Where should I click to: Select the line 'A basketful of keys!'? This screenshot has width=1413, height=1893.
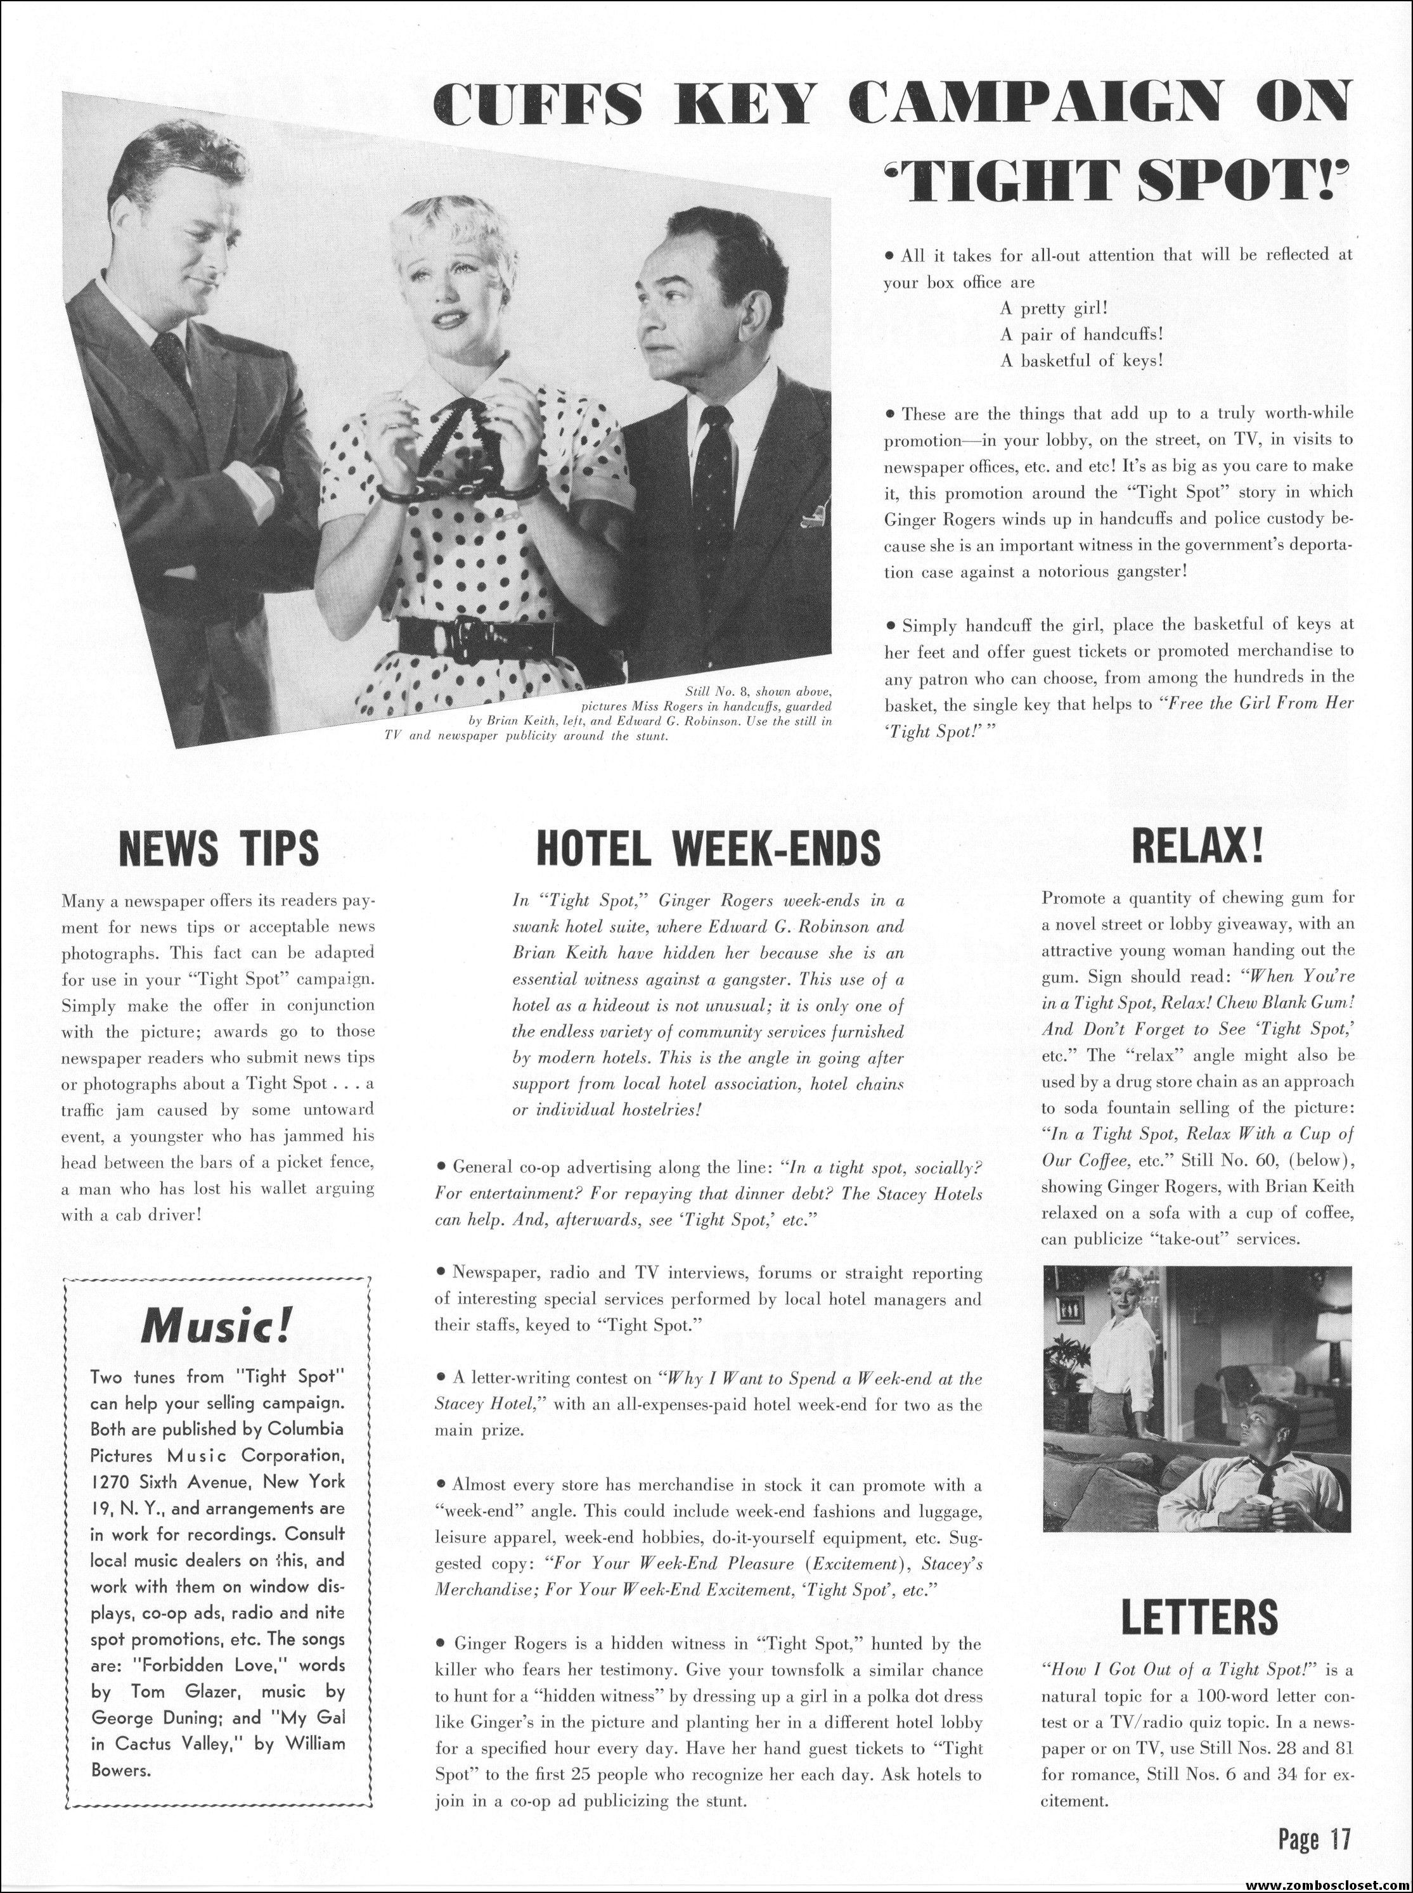(x=1082, y=361)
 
